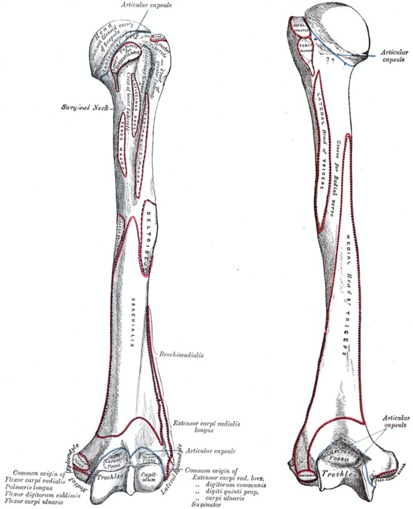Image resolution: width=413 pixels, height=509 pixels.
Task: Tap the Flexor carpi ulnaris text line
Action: pos(33,501)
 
